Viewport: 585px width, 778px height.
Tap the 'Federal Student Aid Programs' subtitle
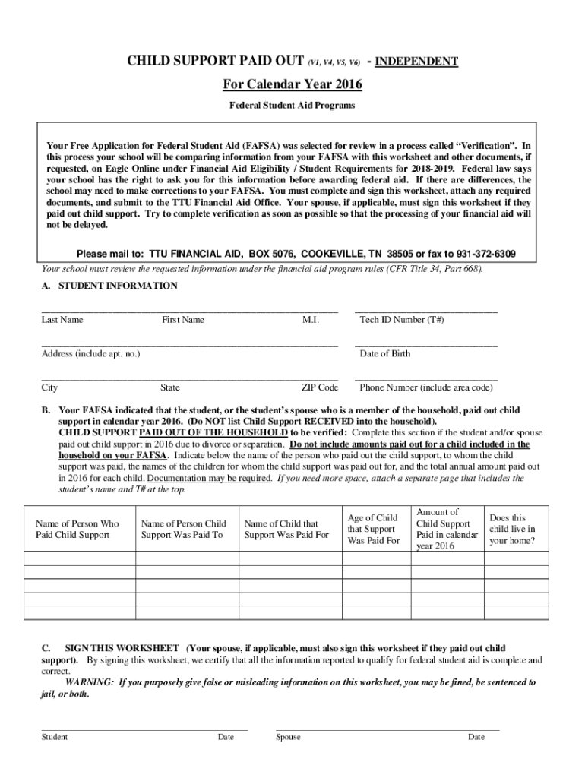point(292,105)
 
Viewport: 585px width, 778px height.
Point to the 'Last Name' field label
point(62,320)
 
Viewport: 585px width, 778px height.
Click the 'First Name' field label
point(182,320)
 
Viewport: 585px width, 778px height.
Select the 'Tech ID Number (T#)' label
point(402,320)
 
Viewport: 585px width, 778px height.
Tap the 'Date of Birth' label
point(385,353)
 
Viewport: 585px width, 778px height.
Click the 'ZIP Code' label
point(319,387)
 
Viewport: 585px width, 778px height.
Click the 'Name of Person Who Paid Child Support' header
point(77,529)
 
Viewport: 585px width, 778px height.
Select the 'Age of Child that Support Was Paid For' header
point(373,529)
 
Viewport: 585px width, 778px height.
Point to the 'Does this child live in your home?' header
point(512,529)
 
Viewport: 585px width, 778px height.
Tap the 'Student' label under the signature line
point(54,737)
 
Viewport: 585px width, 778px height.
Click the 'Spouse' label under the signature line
point(288,737)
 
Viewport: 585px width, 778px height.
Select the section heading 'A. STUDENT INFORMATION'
point(109,286)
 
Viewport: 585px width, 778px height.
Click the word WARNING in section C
point(90,682)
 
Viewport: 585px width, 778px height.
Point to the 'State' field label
point(170,387)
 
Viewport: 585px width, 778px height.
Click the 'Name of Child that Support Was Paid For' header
point(286,529)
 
